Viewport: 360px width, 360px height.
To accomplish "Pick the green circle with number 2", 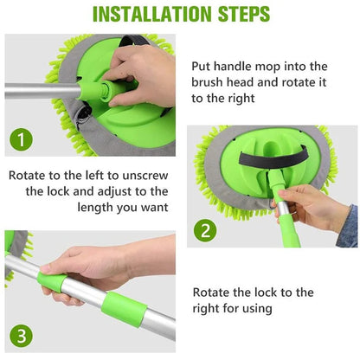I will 206,230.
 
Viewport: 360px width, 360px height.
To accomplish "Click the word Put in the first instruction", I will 204,66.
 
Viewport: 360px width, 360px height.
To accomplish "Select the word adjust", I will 108,191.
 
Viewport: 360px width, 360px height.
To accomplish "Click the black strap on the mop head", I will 264,160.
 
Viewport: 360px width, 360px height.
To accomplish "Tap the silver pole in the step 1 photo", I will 39,88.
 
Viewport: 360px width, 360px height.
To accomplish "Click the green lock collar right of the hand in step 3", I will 122,309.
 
